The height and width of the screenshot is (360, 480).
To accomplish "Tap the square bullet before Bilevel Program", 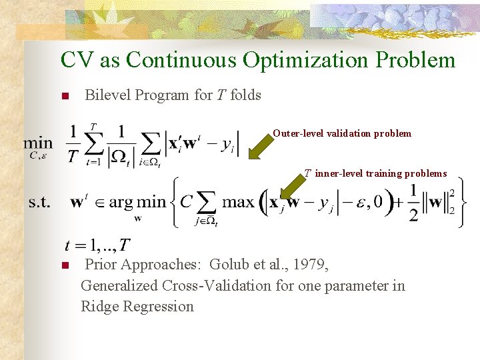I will tap(65, 96).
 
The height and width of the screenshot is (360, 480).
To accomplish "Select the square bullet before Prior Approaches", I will tap(65, 265).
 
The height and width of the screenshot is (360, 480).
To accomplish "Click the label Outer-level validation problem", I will tap(342, 133).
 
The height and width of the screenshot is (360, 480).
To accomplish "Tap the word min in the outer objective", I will tap(38, 143).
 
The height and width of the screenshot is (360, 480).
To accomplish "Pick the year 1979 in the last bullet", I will tap(310, 265).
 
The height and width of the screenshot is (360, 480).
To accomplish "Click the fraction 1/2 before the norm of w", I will tap(413, 201).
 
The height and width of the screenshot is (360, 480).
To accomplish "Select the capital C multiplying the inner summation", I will tap(187, 201).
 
